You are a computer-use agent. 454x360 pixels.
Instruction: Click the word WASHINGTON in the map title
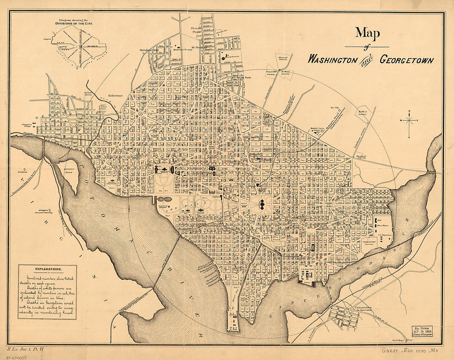pyautogui.click(x=332, y=59)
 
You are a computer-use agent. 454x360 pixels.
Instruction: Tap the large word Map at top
pyautogui.click(x=368, y=33)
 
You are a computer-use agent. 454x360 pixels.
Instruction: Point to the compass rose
pyautogui.click(x=410, y=120)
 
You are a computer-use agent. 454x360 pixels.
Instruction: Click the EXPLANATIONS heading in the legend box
pyautogui.click(x=47, y=268)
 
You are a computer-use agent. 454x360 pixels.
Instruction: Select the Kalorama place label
pyautogui.click(x=116, y=94)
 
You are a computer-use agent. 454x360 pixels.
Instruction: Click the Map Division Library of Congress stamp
pyautogui.click(x=422, y=331)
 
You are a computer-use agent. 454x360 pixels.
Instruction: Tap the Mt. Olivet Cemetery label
pyautogui.click(x=363, y=113)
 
